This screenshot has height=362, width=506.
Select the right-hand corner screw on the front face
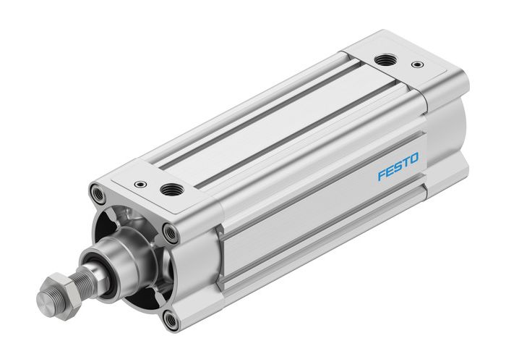(x=171, y=232)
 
